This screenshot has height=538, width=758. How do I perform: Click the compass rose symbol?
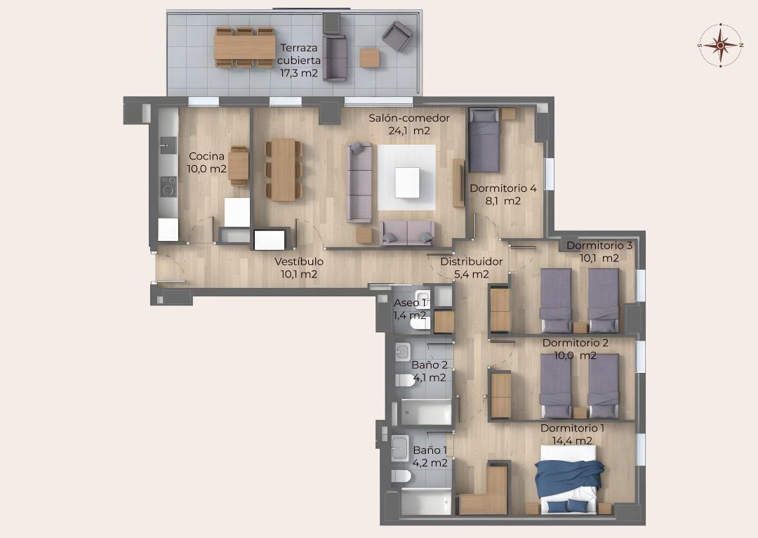[720, 45]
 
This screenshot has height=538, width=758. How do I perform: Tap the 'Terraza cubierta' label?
[299, 54]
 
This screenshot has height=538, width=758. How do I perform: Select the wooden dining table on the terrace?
[245, 47]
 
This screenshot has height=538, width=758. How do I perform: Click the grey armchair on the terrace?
[397, 36]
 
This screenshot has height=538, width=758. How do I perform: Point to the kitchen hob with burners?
[168, 187]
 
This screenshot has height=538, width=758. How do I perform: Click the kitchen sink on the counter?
[168, 145]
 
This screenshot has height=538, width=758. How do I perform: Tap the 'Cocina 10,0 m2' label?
[207, 162]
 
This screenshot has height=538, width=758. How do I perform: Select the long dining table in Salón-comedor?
[284, 169]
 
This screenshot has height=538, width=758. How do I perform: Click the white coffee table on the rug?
[407, 183]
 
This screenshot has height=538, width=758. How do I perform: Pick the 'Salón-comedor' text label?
[409, 118]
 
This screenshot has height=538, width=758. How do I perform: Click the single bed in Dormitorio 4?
[484, 140]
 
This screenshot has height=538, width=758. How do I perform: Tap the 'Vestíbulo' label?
[299, 261]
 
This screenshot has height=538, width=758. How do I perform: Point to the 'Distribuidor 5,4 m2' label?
[472, 268]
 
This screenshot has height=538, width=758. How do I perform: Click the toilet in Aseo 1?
[420, 322]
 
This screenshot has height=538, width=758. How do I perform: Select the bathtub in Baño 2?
[426, 412]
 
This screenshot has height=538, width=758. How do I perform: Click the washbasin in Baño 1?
[400, 448]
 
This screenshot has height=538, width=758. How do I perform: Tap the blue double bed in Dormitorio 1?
[568, 479]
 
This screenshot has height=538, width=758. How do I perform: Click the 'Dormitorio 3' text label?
[599, 245]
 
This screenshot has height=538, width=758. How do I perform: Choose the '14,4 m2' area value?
[572, 441]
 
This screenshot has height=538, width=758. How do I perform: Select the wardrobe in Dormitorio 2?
[500, 395]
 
